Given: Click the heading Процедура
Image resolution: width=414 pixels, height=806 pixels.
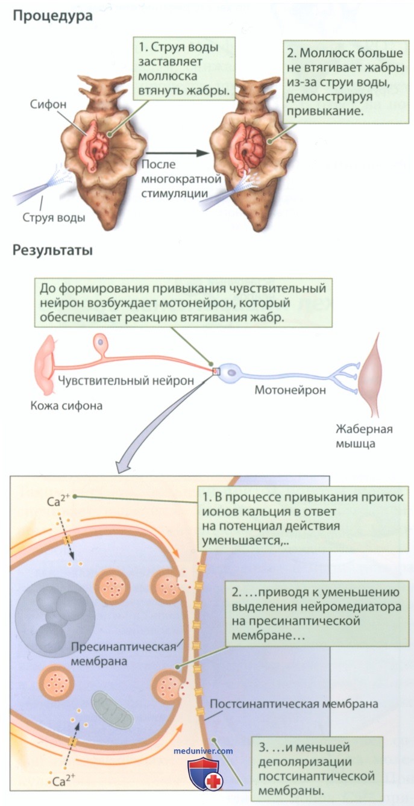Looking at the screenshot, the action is coord(52,16).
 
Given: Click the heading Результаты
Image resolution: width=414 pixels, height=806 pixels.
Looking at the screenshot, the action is coord(52,250).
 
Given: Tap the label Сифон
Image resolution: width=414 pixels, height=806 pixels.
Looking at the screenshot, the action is coord(48,104).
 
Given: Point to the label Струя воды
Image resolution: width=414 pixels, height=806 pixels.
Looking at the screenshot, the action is coord(54,217).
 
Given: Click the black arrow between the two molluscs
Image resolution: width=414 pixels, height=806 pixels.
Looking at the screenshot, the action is coord(177,152).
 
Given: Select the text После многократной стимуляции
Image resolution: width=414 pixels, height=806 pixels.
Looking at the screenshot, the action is coord(181,179).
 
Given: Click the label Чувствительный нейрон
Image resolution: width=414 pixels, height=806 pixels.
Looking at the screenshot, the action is coord(125,380).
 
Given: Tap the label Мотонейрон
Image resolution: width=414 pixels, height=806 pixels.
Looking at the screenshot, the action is coord(290,390).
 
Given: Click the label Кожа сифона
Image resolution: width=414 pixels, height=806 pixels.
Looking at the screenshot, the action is coord(67,405).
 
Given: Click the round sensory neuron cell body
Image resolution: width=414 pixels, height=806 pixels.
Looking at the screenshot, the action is coord(101,340).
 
